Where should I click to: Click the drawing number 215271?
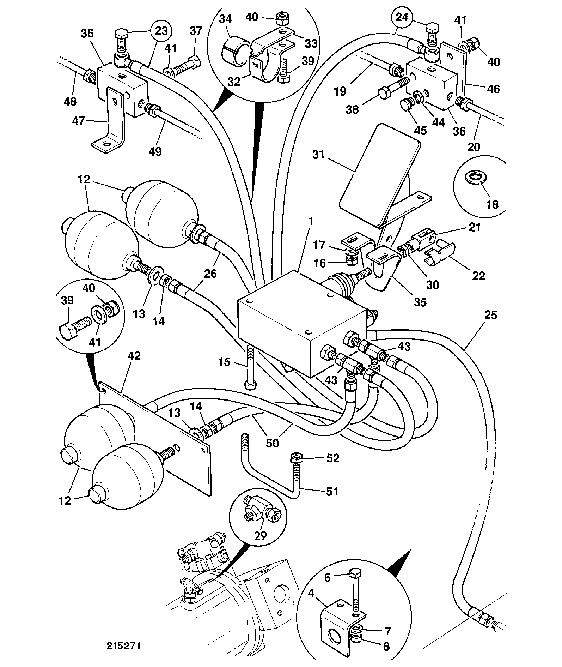coord(124,646)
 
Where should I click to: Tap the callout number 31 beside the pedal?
coord(319,155)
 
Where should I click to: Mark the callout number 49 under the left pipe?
coord(155,151)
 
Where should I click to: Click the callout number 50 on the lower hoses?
coord(272,443)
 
